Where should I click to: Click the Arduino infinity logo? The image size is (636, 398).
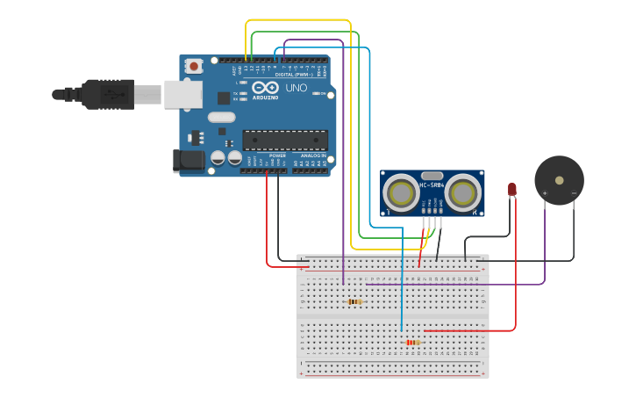pyautogui.click(x=264, y=88)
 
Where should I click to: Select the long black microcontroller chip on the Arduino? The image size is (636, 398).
pyautogui.click(x=285, y=140)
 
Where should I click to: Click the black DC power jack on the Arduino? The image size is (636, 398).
pyautogui.click(x=188, y=160)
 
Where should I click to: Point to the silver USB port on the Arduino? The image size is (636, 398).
pyautogui.click(x=182, y=94)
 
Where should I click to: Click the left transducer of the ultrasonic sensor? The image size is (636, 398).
pyautogui.click(x=403, y=193)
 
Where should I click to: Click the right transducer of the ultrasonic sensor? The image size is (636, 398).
pyautogui.click(x=462, y=193)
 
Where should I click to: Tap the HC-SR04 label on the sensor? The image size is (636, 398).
pyautogui.click(x=432, y=185)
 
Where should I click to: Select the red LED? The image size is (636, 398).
pyautogui.click(x=512, y=189)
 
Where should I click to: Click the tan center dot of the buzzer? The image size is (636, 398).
pyautogui.click(x=559, y=180)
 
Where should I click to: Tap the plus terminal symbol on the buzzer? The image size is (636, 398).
pyautogui.click(x=545, y=192)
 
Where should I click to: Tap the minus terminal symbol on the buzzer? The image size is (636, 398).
pyautogui.click(x=574, y=192)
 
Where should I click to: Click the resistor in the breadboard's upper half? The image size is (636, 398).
pyautogui.click(x=354, y=301)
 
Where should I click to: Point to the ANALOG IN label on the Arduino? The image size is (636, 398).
pyautogui.click(x=313, y=156)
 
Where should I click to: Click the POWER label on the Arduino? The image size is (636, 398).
pyautogui.click(x=266, y=156)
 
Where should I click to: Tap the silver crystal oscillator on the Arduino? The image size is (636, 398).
pyautogui.click(x=222, y=117)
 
